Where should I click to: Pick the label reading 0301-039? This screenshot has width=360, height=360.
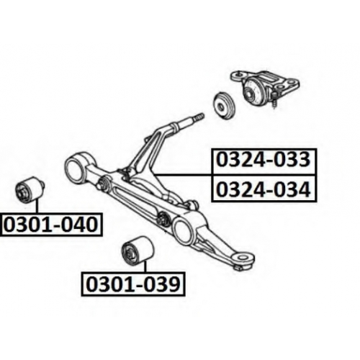pos(133,284)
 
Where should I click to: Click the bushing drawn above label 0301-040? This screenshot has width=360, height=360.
pos(30,190)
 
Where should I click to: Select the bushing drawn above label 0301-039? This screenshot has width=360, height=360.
pos(138,251)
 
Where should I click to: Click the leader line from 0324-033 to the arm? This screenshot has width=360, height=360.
pos(183,175)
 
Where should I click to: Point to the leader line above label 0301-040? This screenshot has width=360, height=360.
pos(37,208)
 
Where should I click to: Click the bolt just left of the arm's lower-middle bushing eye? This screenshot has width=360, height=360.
pos(164,217)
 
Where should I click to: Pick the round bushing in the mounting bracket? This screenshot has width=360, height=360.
pos(253,89)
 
